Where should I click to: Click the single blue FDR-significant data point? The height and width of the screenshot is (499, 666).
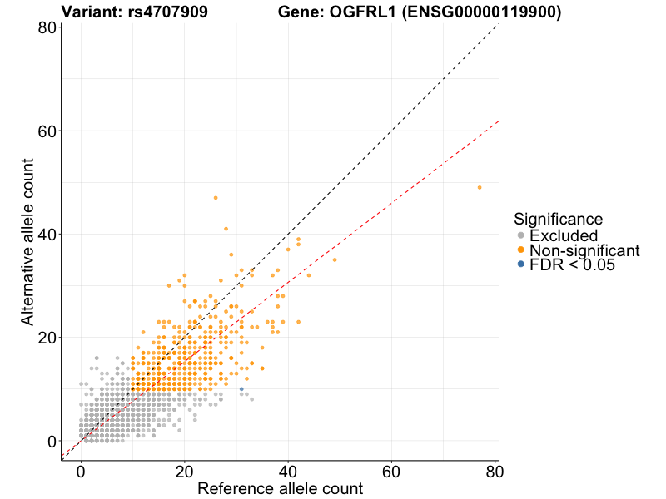tap(241, 389)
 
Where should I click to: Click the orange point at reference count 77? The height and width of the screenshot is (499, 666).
tap(480, 187)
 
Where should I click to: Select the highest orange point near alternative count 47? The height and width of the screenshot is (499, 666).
tap(216, 197)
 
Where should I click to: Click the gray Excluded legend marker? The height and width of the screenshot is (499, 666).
tap(521, 235)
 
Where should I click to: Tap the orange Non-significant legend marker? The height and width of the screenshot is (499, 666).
tap(521, 249)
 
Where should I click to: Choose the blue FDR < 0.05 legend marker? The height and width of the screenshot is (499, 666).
tap(521, 264)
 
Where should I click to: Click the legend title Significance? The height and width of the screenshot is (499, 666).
tap(558, 219)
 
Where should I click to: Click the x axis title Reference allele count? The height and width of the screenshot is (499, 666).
tap(280, 488)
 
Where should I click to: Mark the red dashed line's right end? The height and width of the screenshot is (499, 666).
tap(498, 121)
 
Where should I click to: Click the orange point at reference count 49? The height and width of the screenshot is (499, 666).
tap(335, 259)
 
